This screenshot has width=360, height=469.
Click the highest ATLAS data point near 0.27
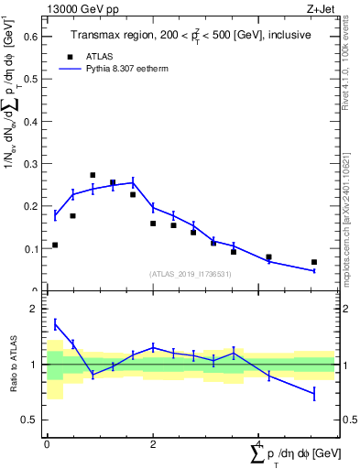[93, 175]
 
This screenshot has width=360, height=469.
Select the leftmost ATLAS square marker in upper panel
[55, 245]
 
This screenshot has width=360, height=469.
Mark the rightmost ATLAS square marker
[314, 262]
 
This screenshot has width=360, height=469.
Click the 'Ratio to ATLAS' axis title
[13, 364]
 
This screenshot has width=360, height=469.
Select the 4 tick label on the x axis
[258, 444]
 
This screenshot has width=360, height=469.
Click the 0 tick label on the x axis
[47, 444]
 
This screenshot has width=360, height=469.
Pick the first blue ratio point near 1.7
[55, 323]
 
